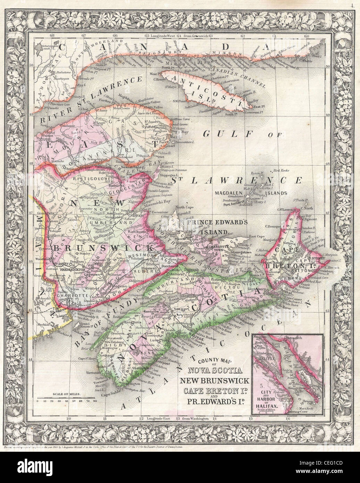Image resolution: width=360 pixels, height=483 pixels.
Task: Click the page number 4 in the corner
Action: click(352, 5)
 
